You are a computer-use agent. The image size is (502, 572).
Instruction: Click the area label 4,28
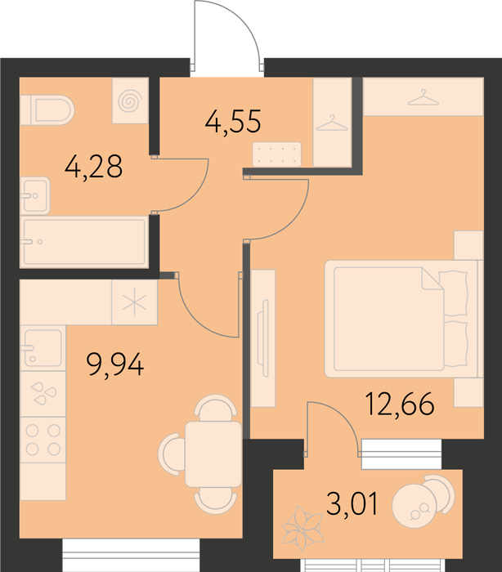[93, 167]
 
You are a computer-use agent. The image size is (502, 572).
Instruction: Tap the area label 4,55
[233, 122]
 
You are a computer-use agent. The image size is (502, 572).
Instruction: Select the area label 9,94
[115, 365]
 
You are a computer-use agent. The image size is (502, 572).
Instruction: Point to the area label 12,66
[400, 404]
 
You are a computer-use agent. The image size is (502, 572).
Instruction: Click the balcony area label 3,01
[352, 503]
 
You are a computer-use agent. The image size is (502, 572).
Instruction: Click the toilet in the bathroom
[47, 109]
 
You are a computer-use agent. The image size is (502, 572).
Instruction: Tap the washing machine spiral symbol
[130, 101]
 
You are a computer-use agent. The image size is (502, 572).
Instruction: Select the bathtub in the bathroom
[85, 242]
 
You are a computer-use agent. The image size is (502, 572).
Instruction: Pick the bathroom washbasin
[35, 195]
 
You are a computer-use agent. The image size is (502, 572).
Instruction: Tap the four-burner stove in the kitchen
[43, 440]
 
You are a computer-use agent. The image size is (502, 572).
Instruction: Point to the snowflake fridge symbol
[134, 302]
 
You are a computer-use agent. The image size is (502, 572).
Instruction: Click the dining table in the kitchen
[213, 454]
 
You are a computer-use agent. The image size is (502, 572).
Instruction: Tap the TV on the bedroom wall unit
[263, 337]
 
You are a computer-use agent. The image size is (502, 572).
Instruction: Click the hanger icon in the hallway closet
[332, 123]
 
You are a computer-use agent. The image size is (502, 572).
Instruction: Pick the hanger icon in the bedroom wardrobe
[424, 97]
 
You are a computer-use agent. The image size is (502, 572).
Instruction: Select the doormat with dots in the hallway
[277, 154]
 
